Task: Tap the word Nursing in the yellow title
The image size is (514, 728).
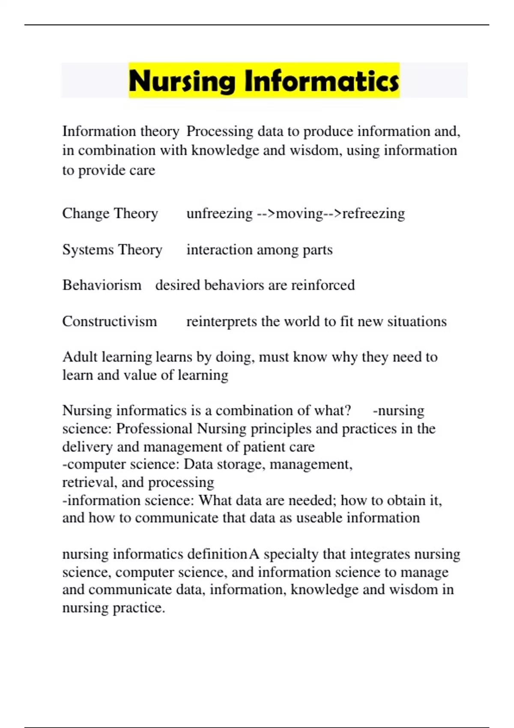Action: click(x=182, y=81)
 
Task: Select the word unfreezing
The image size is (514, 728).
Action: click(x=219, y=213)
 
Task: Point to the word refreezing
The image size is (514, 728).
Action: click(x=374, y=213)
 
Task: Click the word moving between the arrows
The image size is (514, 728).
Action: click(x=299, y=213)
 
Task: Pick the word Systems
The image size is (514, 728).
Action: click(x=88, y=250)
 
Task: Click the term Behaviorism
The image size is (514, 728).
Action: click(x=102, y=285)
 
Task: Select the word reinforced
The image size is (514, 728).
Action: click(x=323, y=285)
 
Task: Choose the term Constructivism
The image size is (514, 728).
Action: click(x=110, y=322)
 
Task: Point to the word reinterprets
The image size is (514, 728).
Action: click(x=221, y=322)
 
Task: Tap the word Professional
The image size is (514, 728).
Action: click(x=154, y=429)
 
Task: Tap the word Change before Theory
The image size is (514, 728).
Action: click(x=86, y=213)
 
